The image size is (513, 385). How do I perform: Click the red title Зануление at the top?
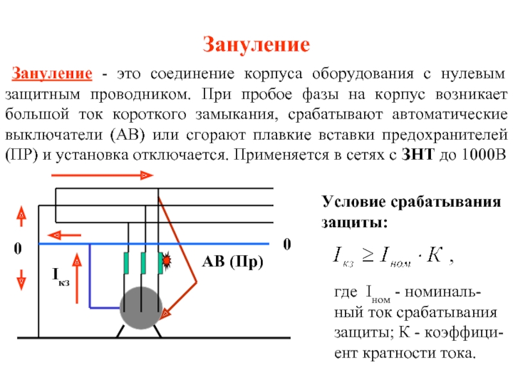(x=256, y=44)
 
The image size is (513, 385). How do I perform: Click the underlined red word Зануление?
(x=52, y=73)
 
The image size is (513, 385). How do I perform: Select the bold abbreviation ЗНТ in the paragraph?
(x=418, y=155)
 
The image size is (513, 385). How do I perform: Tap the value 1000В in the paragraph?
(x=484, y=155)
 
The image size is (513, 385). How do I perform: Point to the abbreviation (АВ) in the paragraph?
(x=128, y=135)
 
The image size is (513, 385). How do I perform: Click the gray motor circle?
(x=141, y=308)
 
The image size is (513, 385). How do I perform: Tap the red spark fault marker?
(x=167, y=261)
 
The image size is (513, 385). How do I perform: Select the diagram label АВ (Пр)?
(x=233, y=262)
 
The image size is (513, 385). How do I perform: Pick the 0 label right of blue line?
(x=287, y=244)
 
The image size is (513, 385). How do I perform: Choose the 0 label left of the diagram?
(x=18, y=248)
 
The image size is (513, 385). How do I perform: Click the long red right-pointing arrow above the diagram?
(x=103, y=175)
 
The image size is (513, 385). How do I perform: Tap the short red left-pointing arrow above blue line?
(x=64, y=235)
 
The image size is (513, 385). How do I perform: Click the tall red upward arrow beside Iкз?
(x=77, y=278)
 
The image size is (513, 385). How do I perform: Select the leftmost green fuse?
(x=126, y=263)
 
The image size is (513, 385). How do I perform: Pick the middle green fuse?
(x=143, y=263)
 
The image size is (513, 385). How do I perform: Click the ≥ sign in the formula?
(x=367, y=255)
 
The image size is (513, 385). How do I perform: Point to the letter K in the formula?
(x=435, y=254)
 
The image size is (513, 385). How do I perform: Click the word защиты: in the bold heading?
(x=355, y=222)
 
